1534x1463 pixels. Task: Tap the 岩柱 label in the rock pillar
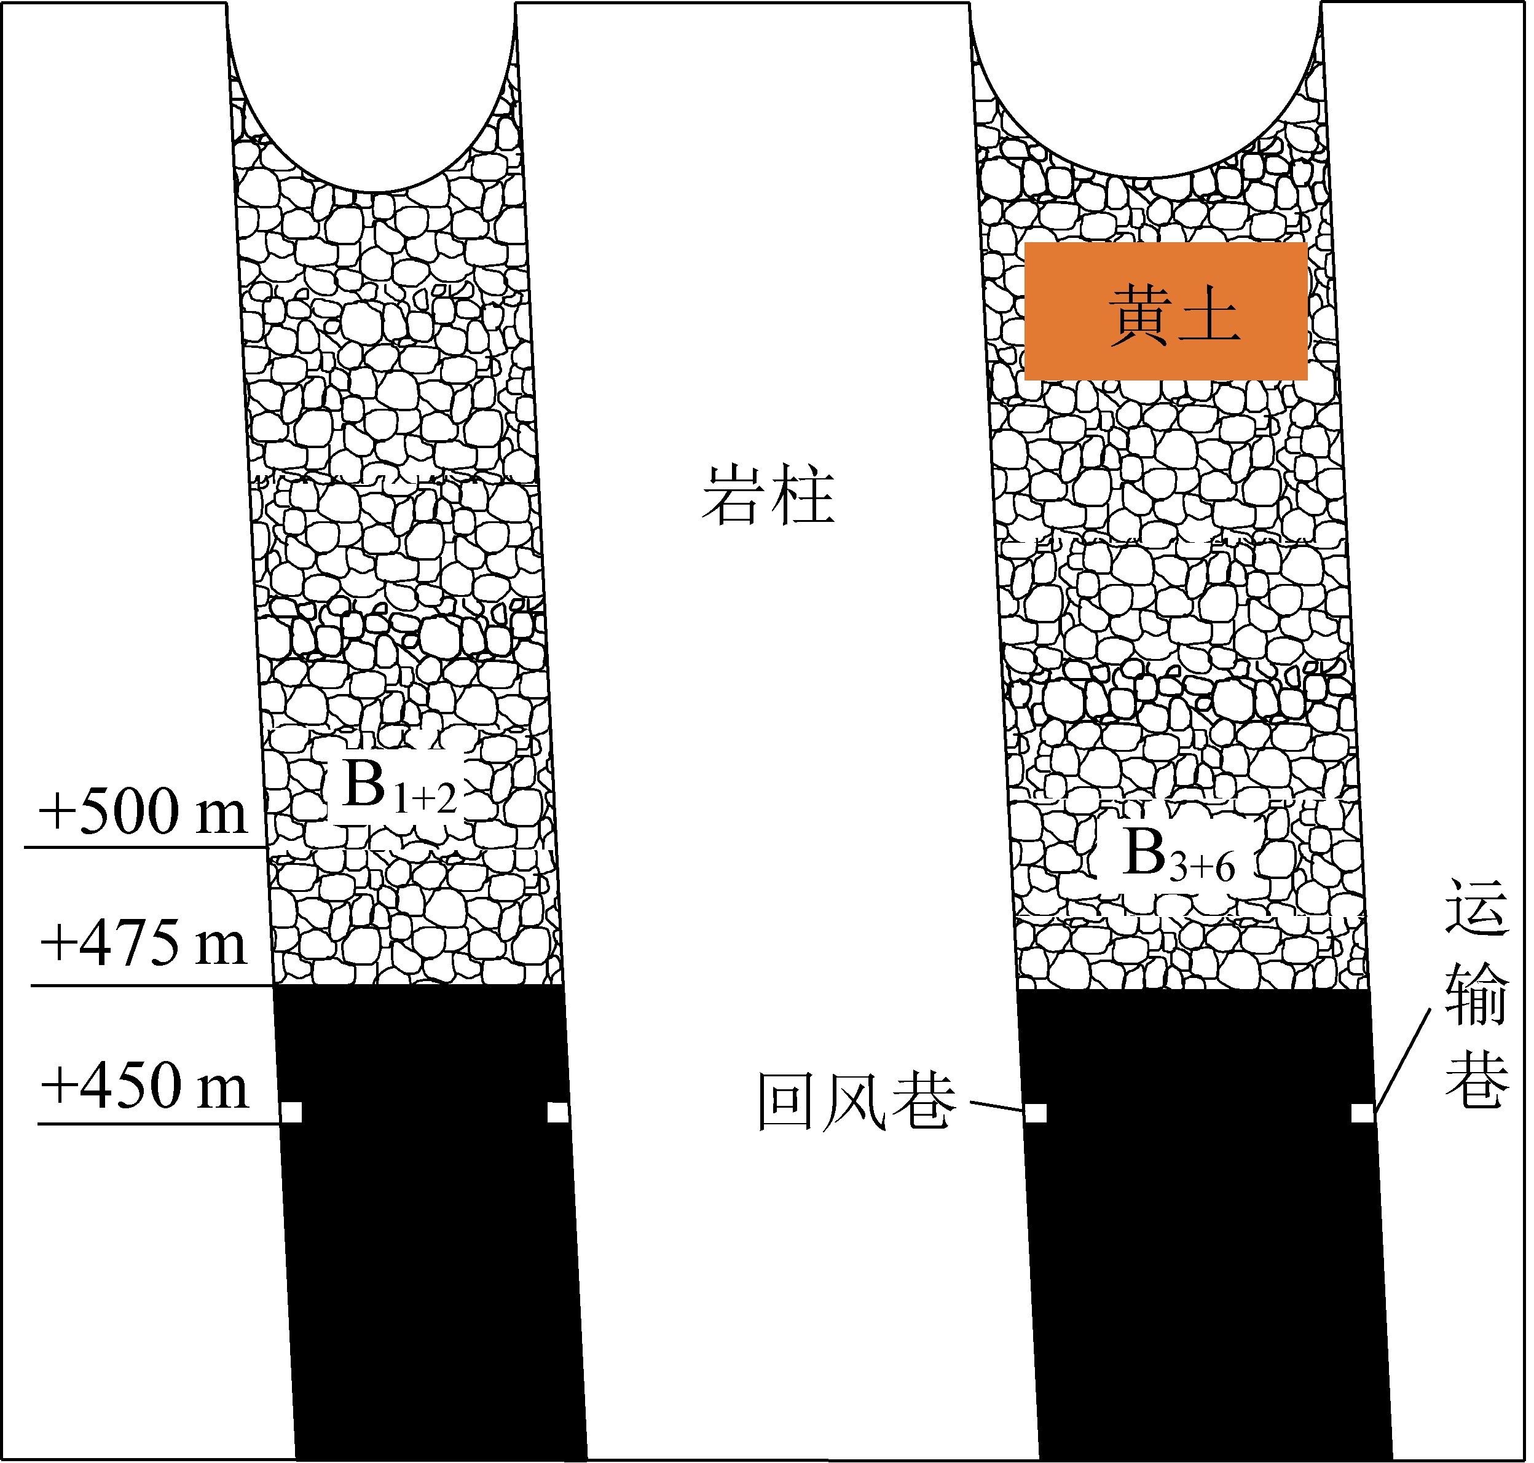pos(768,496)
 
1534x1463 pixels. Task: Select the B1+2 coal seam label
pos(398,787)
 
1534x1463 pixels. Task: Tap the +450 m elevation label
pos(144,1086)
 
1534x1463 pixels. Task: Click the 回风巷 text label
pos(856,1101)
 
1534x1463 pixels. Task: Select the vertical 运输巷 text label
pos(1476,995)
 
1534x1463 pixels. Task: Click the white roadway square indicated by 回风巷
pos(1036,1113)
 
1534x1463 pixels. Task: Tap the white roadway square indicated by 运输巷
pos(1363,1113)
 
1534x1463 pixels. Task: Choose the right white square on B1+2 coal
pos(557,1112)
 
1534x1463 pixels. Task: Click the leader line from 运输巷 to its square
pos(1404,1059)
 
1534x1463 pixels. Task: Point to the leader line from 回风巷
pos(997,1106)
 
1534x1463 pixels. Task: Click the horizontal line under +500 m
pos(144,847)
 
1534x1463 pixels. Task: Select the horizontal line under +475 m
pos(152,986)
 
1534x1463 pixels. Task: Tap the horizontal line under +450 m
pos(156,1124)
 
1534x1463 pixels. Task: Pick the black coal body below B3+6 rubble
pos(1201,1248)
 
